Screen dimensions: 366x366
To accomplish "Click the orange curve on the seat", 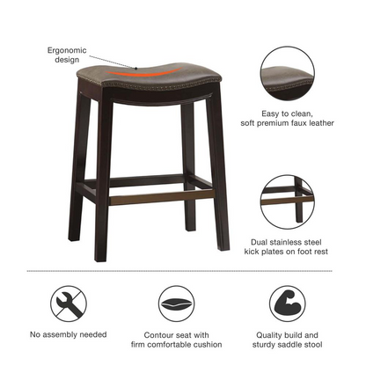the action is point(143,74).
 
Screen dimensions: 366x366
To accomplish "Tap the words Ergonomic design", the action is point(67,55).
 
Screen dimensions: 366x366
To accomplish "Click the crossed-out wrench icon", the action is point(69,304).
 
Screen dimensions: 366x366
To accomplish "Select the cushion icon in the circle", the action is point(177,304).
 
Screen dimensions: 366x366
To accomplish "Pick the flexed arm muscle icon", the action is point(288,304).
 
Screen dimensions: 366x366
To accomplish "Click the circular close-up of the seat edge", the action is point(288,73).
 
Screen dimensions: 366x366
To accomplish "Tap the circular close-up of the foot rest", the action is point(288,202).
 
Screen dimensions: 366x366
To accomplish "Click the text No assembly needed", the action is point(69,334).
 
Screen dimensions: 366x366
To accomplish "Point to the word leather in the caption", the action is point(321,123).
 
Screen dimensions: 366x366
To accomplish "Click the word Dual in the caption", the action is point(259,242).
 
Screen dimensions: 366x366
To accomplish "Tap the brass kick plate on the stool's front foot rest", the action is point(162,196).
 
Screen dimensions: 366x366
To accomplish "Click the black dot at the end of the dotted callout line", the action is point(136,69).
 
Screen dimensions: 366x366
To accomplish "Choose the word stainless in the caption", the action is point(284,242).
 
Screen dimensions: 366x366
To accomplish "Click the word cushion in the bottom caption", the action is point(208,344).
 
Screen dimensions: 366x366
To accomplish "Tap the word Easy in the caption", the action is point(270,113).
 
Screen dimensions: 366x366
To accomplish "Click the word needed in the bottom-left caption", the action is point(93,334).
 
